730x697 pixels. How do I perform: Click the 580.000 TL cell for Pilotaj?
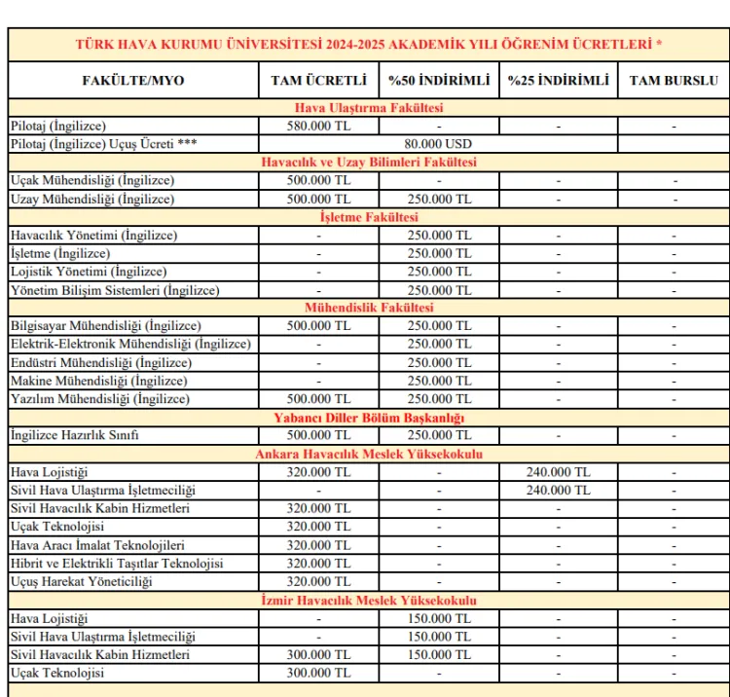tap(318, 126)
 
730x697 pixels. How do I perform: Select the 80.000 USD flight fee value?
tap(438, 143)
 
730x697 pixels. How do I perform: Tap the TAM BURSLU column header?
tap(674, 80)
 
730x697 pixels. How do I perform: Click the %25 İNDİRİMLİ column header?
tap(558, 80)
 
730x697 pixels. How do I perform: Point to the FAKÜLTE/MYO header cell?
tap(133, 80)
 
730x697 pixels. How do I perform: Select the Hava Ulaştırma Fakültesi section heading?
tap(368, 108)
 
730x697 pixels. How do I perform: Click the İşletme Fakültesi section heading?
tap(368, 217)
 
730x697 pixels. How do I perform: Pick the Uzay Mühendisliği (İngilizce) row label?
tap(92, 199)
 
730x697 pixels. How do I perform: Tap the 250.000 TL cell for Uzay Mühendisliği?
tap(438, 199)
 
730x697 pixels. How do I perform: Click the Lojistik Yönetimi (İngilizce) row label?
tap(89, 272)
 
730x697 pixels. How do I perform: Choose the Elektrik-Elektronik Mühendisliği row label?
tap(130, 344)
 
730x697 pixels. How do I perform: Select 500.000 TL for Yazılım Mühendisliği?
tap(318, 398)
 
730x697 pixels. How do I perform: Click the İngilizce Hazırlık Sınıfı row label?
tap(74, 435)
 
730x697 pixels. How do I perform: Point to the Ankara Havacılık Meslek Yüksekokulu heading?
tap(368, 454)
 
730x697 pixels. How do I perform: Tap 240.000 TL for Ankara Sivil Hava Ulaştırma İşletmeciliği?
tap(558, 490)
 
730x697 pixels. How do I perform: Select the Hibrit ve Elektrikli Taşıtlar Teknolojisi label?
tap(117, 563)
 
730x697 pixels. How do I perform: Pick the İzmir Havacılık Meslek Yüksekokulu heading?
tap(368, 600)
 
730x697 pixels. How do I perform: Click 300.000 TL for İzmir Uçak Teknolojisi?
tap(318, 673)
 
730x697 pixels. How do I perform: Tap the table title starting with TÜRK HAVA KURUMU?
tap(368, 44)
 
